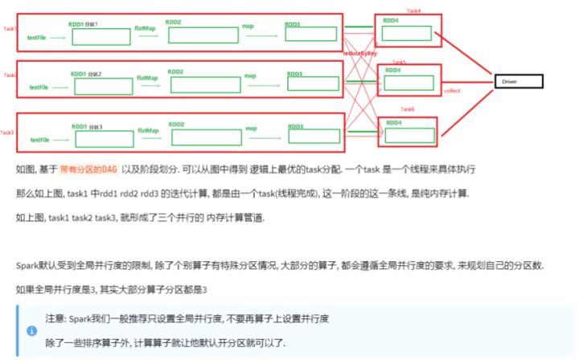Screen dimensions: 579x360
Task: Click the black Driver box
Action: point(519,81)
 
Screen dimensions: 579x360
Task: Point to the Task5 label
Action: point(399,62)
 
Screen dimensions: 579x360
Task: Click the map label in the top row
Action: point(248,27)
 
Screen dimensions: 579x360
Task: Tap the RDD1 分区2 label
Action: point(87,74)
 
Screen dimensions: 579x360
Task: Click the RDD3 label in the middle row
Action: point(295,75)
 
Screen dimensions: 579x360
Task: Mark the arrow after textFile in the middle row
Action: point(60,86)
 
